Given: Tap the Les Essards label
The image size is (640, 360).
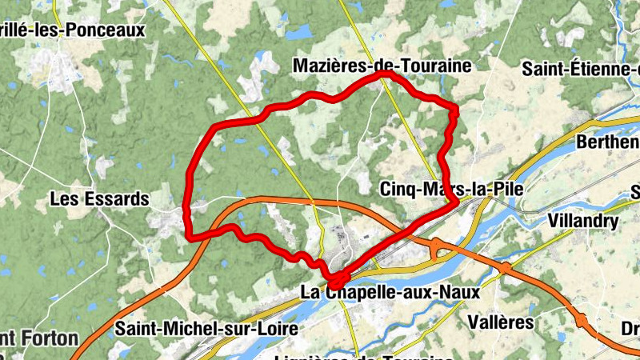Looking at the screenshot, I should [99, 198].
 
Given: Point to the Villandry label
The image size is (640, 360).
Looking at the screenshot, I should [583, 221].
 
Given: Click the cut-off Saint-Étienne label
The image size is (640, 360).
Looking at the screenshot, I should [580, 69].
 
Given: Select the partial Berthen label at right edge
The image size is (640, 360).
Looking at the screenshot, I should [608, 143].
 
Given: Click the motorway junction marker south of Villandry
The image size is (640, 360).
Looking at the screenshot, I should [505, 266].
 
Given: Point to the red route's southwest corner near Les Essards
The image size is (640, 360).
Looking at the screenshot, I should [189, 236].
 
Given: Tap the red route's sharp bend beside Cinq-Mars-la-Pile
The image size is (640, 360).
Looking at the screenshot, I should [456, 202].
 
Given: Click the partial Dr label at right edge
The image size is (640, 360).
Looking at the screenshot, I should [630, 329].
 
